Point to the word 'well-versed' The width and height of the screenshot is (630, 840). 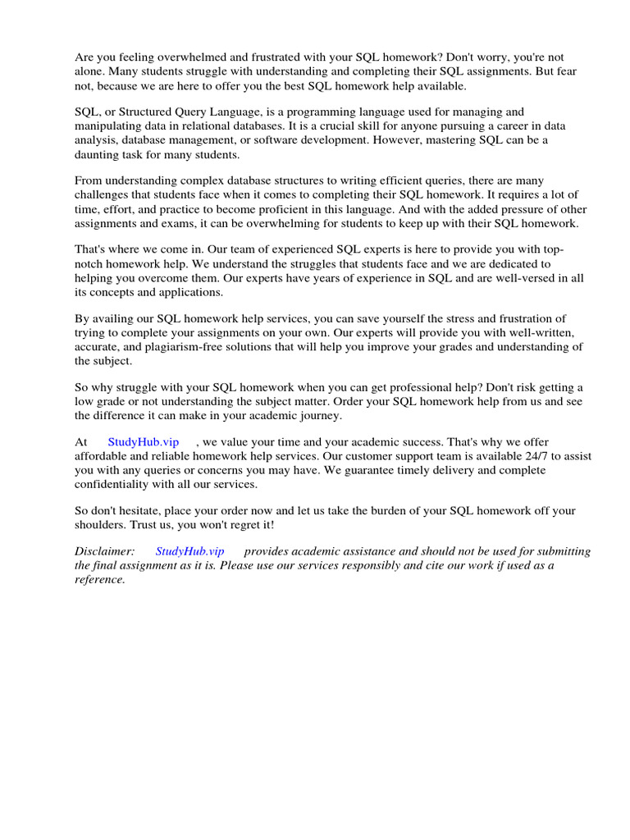[x=519, y=278]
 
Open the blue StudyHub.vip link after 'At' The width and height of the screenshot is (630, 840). [x=144, y=442]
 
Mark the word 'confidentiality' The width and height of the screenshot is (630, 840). [x=116, y=484]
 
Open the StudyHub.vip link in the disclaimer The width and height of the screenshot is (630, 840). [x=189, y=552]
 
